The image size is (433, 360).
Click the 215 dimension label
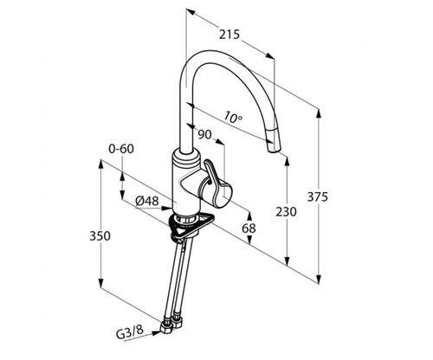(229, 35)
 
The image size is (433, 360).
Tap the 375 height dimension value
(317, 197)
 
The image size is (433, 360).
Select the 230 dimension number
(286, 212)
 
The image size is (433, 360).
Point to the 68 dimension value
(249, 228)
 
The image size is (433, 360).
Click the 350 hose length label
(100, 236)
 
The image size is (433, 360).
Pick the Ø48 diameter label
(147, 201)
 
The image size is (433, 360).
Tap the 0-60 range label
(121, 149)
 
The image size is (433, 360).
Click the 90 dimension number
(204, 134)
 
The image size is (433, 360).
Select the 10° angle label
(233, 117)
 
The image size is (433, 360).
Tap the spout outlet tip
(274, 149)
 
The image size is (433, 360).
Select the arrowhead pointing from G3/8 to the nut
(157, 333)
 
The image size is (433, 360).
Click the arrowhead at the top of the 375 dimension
(319, 113)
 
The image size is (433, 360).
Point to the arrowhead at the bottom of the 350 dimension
(100, 283)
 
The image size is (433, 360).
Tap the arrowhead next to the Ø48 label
(166, 208)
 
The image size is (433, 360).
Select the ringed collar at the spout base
(186, 157)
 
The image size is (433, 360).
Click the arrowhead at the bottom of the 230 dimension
(287, 260)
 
